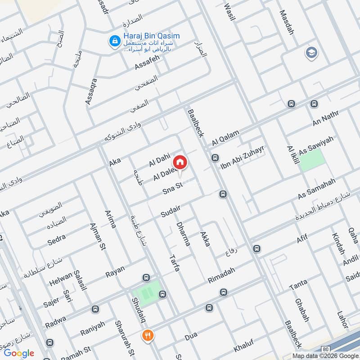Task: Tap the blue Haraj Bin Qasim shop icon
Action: (114, 42)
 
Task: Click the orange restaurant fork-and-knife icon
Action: (147, 335)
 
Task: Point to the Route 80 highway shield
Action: (325, 349)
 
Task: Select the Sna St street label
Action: (171, 190)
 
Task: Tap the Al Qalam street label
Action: (225, 135)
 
